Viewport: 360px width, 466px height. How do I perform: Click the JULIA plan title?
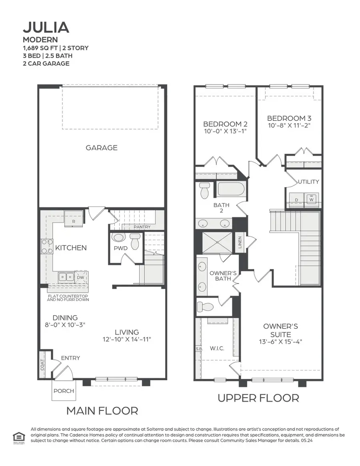46,27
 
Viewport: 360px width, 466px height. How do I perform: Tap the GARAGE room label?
102,147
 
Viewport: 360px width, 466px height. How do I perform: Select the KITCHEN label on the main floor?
71,248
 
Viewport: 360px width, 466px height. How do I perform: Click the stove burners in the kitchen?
47,246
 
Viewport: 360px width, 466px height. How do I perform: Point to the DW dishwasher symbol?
81,277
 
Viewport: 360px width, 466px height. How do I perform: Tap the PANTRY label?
142,227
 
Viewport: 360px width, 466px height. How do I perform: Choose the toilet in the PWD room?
135,241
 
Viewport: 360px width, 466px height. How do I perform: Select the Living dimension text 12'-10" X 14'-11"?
127,339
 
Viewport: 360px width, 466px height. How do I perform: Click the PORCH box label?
64,390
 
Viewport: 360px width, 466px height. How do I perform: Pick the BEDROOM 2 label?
222,124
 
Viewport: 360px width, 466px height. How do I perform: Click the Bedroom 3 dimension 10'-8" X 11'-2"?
289,125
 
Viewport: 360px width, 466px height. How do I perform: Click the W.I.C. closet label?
217,349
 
